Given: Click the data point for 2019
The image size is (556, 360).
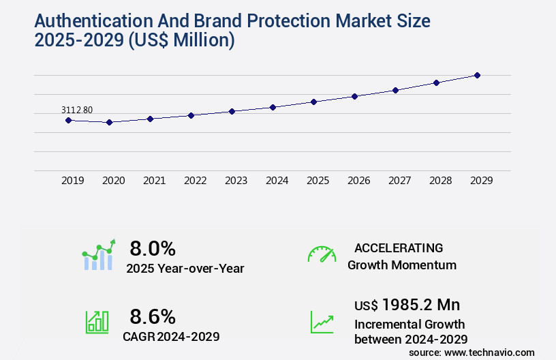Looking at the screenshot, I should point(68,120).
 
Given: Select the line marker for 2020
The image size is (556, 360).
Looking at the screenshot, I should point(109,123).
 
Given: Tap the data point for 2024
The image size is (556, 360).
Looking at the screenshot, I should point(273,107).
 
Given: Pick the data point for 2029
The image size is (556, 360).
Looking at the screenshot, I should point(477,75).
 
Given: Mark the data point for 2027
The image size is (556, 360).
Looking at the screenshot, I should point(395,90).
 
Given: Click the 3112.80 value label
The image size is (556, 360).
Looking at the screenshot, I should point(77,110).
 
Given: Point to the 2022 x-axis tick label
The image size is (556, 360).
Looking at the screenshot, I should point(196,181).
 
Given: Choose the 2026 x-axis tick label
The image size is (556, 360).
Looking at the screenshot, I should point(359,181).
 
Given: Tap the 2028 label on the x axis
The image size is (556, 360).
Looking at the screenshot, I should point(441,181).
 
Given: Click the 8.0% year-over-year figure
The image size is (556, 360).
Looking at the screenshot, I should point(153,247).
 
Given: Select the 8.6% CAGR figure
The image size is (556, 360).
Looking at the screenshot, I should point(153,316).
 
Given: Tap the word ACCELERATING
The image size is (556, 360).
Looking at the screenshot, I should point(399,247).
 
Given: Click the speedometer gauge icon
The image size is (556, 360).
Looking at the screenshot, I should point(322,254).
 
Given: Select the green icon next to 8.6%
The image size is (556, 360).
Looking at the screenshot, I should point(97,322).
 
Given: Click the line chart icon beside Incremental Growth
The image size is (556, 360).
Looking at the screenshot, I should point(322,322).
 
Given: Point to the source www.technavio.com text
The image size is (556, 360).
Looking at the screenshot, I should point(472,352).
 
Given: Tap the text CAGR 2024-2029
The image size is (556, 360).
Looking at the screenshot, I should point(171,336).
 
